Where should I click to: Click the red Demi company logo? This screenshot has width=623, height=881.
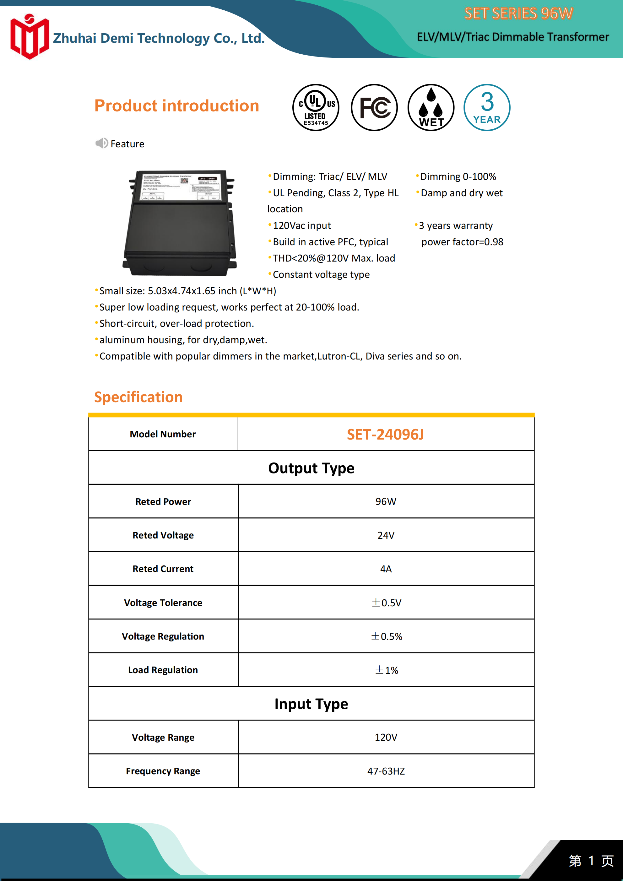point(30,37)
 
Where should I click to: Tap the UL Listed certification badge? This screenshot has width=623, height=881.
point(316,107)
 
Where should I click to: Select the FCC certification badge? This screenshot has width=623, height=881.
point(374,107)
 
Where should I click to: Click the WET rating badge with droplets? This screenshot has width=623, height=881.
point(431,107)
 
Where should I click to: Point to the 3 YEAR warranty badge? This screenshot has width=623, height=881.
point(487,107)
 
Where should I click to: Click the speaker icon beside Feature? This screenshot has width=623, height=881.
point(101,143)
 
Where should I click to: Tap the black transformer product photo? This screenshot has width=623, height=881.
point(179,223)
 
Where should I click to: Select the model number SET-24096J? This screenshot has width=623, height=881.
point(385,434)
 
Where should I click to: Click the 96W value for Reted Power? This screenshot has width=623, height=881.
point(386,501)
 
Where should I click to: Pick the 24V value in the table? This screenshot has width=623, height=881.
point(386,535)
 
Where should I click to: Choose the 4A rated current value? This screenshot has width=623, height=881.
point(386,569)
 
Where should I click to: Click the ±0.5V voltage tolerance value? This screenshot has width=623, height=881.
point(386,603)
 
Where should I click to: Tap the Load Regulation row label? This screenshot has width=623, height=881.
point(163,670)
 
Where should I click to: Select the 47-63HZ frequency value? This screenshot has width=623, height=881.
point(386,771)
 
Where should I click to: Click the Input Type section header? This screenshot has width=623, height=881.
point(311,704)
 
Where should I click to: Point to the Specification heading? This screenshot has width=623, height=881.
point(138,397)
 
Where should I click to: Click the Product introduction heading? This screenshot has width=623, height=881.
point(176,106)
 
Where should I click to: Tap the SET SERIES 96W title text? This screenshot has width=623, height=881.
point(518,14)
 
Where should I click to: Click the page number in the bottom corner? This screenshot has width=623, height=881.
point(591,861)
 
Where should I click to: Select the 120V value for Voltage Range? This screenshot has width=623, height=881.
point(386,738)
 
